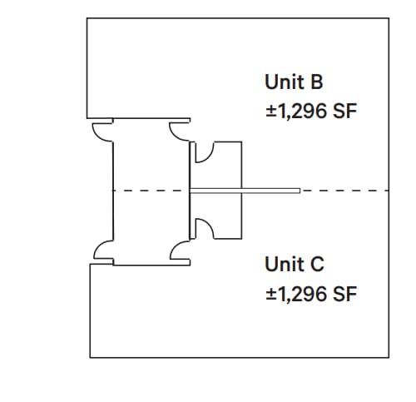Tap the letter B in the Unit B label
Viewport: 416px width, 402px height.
click(x=318, y=82)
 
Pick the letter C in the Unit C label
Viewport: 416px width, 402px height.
click(x=318, y=265)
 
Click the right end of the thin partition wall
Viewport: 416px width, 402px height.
click(x=298, y=191)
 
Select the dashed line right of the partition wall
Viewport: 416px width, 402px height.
click(x=345, y=191)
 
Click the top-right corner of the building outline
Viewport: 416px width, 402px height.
click(x=389, y=17)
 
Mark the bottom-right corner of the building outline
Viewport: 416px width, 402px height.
click(x=389, y=357)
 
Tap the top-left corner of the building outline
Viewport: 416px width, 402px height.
click(x=87, y=17)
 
